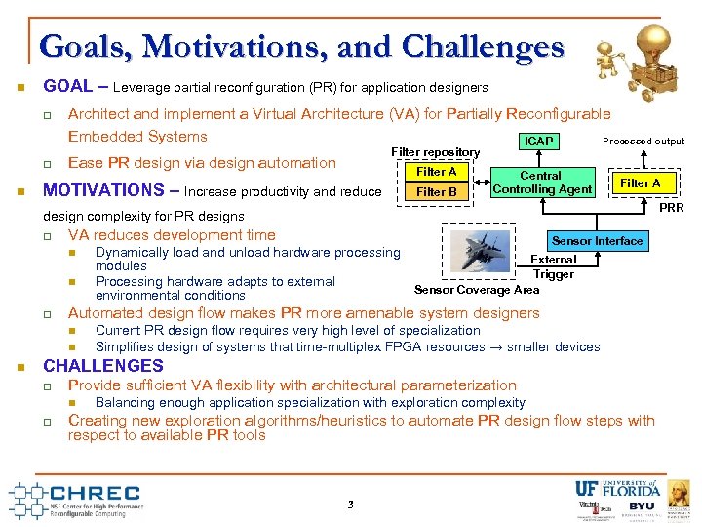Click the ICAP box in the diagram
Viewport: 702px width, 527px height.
click(539, 142)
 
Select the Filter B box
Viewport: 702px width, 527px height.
click(436, 192)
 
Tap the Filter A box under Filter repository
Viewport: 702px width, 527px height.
click(436, 172)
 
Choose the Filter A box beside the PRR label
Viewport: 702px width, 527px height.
click(640, 183)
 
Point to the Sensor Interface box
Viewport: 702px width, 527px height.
click(597, 241)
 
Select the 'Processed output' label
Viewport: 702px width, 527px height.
click(643, 142)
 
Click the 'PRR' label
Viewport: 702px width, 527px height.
click(673, 208)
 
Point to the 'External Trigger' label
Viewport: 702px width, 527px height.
click(553, 267)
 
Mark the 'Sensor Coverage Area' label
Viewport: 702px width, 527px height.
click(477, 290)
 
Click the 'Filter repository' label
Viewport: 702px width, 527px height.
click(435, 153)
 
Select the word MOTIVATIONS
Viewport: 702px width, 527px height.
click(105, 190)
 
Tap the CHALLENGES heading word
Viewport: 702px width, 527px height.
click(103, 366)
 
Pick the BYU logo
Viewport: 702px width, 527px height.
click(641, 507)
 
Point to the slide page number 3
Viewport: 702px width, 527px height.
click(350, 505)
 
